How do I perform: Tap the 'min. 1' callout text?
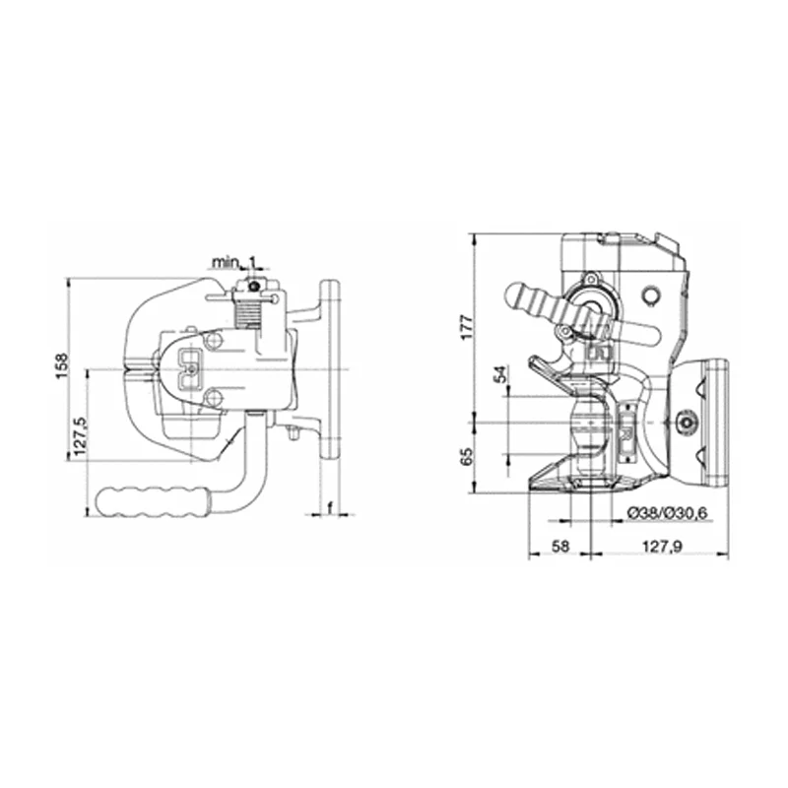[236, 262]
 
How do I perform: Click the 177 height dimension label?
[469, 326]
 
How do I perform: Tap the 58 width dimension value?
[558, 546]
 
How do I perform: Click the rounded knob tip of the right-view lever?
[517, 295]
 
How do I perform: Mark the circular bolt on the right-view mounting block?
[687, 423]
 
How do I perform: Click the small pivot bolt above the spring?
[254, 287]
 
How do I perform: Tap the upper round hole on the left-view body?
[214, 341]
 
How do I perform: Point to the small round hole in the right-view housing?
[649, 295]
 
